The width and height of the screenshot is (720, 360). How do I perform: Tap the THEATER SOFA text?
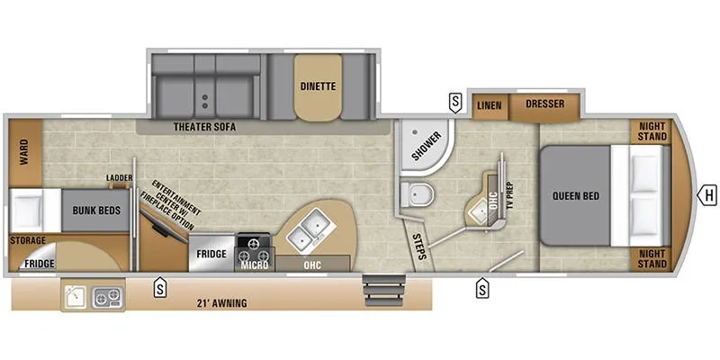pos(204,128)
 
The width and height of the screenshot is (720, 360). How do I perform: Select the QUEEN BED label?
pos(577,196)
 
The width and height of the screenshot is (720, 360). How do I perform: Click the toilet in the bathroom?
pos(417,193)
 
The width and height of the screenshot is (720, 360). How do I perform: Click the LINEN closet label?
pos(490,104)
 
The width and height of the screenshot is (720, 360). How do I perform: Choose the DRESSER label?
pos(545,104)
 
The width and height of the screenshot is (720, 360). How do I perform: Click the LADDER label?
pos(120,178)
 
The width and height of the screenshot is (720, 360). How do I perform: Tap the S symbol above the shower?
pos(456,99)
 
